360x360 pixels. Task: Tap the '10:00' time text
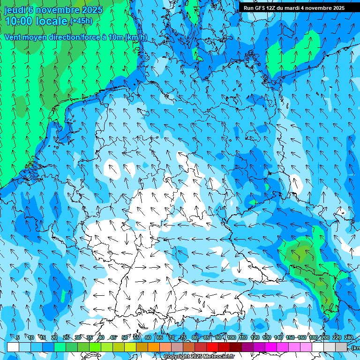(20, 21)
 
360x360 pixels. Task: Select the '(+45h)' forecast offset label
(81, 21)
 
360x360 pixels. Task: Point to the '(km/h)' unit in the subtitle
(135, 37)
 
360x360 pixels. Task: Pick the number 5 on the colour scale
(17, 337)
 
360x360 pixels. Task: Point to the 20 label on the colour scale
(54, 337)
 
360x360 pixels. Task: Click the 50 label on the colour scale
(125, 337)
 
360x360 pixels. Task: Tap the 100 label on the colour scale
(231, 337)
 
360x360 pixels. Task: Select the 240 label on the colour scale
(349, 337)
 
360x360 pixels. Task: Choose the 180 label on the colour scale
(313, 337)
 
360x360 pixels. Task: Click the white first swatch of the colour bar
(13, 347)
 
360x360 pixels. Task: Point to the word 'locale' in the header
(54, 21)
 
